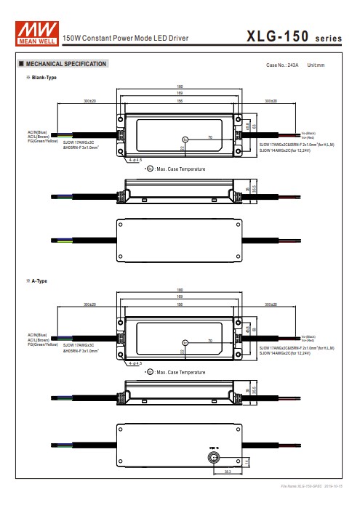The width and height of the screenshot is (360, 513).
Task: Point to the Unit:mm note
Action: pyautogui.click(x=316, y=65)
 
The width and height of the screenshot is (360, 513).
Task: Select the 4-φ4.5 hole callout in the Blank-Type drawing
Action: pyautogui.click(x=134, y=159)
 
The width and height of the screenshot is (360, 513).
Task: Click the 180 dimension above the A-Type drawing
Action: pyautogui.click(x=180, y=291)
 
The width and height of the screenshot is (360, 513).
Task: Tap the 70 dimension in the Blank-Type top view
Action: pyautogui.click(x=209, y=137)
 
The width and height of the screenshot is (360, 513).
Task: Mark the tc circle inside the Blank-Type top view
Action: pyautogui.click(x=185, y=139)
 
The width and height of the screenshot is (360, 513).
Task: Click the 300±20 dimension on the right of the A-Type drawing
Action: pyautogui.click(x=272, y=304)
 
